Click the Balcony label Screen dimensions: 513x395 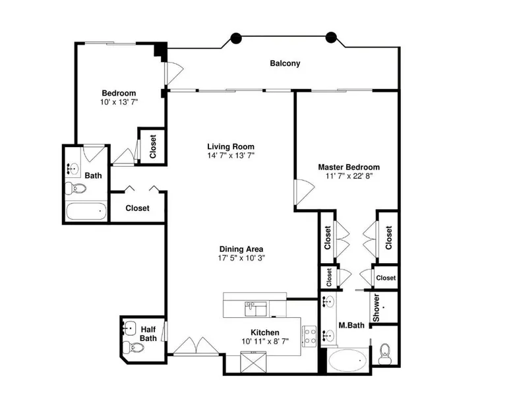pos(285,63)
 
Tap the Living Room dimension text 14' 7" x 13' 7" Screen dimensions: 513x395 pos(231,155)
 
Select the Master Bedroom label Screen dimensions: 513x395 pos(349,167)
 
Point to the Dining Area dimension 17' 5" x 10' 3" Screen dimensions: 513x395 pos(241,258)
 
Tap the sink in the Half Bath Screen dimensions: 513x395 pos(129,328)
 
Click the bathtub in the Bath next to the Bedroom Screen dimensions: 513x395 pos(86,212)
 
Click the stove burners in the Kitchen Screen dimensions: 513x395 pos(309,336)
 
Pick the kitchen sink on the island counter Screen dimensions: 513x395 pos(256,309)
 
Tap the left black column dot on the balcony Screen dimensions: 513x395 pos(236,38)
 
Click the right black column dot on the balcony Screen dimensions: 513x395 pos(331,38)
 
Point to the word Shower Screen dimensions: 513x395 pos(377,307)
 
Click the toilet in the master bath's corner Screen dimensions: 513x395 pos(385,354)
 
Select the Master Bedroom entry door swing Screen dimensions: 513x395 pos(304,192)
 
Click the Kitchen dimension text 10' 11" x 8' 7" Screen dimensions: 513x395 pos(265,342)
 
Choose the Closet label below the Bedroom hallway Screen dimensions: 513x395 pos(137,208)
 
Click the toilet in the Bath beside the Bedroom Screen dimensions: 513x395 pos(76,188)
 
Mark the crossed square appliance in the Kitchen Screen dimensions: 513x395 pos(254,362)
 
